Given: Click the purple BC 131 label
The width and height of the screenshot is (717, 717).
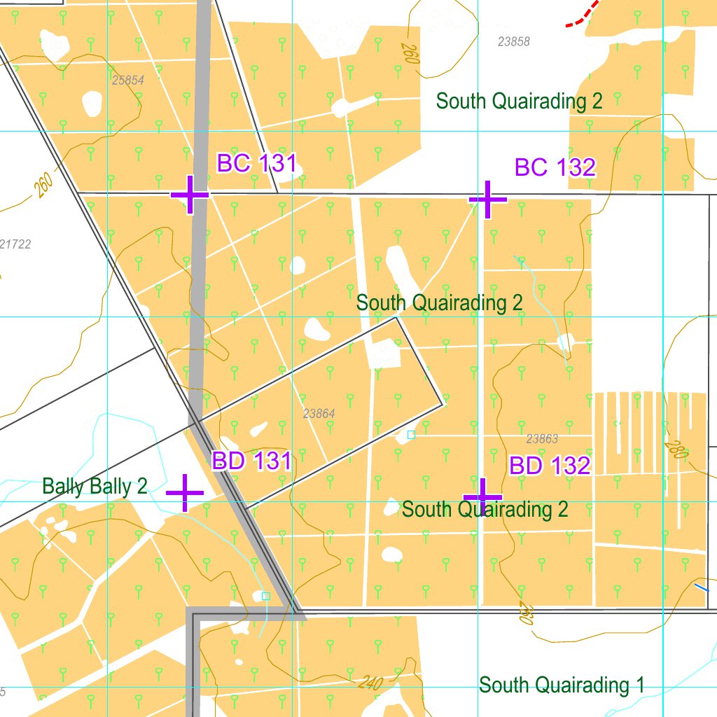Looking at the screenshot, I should pos(257,164).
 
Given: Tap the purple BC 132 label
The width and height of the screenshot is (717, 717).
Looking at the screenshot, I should pos(555,167).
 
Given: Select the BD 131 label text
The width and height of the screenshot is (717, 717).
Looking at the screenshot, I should pos(251,461).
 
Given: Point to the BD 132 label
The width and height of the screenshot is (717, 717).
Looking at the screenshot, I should pos(550,466).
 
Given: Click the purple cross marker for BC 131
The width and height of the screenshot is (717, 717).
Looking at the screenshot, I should pos(190,195).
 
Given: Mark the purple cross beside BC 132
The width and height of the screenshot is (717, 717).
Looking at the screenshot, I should pos(487,200).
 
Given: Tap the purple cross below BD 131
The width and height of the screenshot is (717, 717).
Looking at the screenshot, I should pos(185,493).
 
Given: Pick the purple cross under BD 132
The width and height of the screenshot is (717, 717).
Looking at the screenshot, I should pos(482,497).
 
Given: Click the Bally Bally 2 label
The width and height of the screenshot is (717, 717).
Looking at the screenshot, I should pos(95,486).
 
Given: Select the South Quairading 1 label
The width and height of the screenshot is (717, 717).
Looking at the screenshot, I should pos(562,685).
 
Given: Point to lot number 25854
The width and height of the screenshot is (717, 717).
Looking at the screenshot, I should pos(127,81).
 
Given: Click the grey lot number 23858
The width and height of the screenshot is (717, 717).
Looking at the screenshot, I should pos(514,42).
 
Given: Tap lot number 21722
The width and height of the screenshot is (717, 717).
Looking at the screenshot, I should pos(15,244).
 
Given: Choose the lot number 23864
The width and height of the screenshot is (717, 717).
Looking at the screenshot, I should pos(319,414).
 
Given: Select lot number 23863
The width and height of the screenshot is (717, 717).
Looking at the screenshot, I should pos(542,439).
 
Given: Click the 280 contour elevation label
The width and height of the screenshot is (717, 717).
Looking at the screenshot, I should pos(676,449).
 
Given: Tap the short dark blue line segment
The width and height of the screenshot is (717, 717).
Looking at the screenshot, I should pos(701,587).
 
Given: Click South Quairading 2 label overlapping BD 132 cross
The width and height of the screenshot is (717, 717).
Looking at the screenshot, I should pos(485,509).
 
